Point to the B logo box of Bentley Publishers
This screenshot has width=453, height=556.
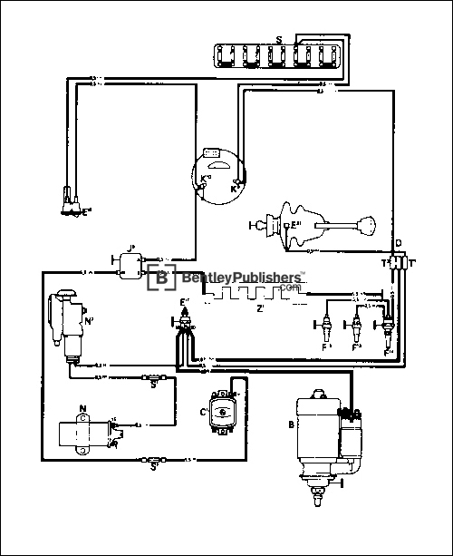coord(163,278)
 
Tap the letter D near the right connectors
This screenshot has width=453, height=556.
coord(399,244)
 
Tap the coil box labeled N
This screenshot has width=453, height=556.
coord(83,434)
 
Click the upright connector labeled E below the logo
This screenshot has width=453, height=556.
coord(185,320)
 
